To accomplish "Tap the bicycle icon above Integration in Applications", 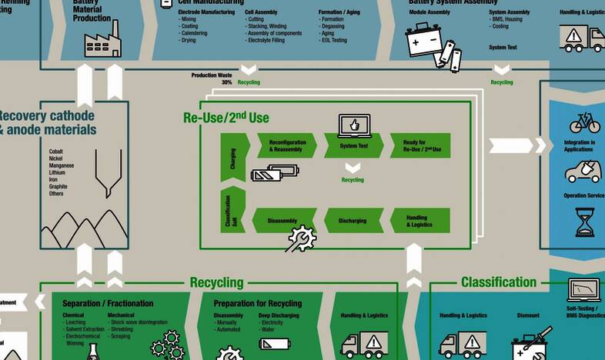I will [x=584, y=123].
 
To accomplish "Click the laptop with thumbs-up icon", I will [x=354, y=125].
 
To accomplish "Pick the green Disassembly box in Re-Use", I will [x=283, y=221].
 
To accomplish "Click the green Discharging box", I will [x=353, y=221].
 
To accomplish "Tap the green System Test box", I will [x=353, y=145].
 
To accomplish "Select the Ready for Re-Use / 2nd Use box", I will [x=420, y=145].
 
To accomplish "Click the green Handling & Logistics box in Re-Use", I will [x=420, y=221].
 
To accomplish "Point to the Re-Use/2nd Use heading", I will [x=226, y=118].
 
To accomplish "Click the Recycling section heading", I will [x=216, y=282].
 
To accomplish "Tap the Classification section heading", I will [x=498, y=282].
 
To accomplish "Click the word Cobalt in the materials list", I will [x=56, y=152].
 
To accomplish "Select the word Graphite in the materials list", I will [x=58, y=186].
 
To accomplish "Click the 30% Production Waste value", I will [x=226, y=82].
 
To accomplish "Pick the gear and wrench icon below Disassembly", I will [x=300, y=239].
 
